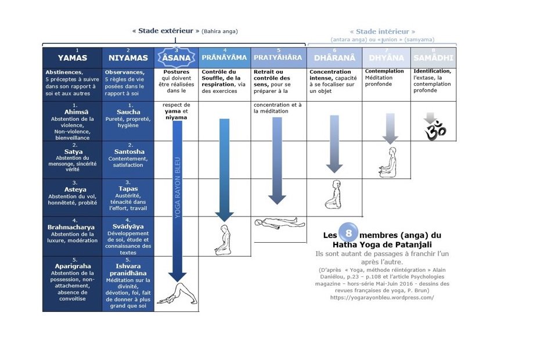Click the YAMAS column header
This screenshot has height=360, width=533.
tap(73, 57)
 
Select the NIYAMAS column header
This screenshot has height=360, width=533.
tap(128, 57)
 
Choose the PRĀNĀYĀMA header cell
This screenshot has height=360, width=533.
tap(224, 57)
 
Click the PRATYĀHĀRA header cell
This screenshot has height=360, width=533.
tap(278, 57)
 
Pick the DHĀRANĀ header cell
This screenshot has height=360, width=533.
tap(335, 57)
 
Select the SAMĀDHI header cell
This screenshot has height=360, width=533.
tap(433, 57)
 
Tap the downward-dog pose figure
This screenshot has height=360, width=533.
tap(177, 295)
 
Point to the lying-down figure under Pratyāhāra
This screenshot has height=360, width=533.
tap(278, 222)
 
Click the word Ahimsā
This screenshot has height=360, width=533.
tap(73, 111)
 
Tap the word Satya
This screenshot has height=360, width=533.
tap(73, 152)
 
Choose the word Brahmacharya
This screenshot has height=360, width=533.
tap(73, 227)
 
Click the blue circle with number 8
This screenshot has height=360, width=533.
tap(348, 233)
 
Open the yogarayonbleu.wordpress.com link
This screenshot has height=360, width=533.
tap(382, 297)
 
